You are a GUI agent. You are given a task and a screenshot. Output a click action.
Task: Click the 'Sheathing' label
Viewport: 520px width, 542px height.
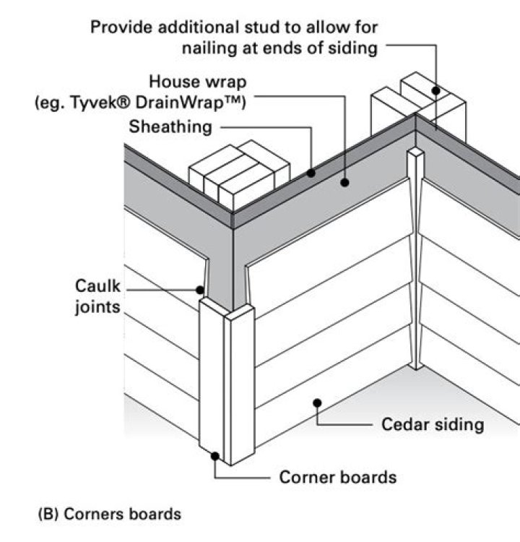[170, 127]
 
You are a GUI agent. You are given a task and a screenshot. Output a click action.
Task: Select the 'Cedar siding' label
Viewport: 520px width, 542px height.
[433, 424]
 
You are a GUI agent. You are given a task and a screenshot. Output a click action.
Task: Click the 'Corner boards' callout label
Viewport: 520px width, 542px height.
[338, 478]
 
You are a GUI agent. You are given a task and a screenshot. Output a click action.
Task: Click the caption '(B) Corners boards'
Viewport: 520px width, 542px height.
[109, 515]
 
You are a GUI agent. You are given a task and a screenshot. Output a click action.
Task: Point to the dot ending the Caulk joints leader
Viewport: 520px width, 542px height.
[201, 291]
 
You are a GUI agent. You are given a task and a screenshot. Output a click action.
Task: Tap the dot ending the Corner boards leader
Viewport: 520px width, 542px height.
[215, 455]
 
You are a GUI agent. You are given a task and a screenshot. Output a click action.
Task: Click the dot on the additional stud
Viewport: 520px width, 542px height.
[436, 91]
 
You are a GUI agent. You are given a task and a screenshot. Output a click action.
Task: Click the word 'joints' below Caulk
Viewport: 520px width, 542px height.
[100, 305]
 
